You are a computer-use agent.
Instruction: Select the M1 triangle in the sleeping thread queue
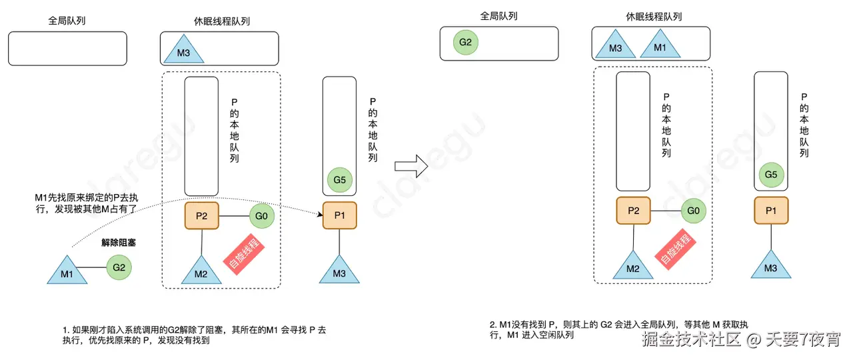(x=659, y=47)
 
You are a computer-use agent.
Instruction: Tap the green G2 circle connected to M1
(x=119, y=268)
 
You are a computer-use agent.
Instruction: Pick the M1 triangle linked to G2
(x=66, y=271)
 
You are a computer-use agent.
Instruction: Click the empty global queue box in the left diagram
(x=67, y=49)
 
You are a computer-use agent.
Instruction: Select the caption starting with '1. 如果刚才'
(x=193, y=335)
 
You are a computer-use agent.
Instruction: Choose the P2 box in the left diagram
(x=201, y=216)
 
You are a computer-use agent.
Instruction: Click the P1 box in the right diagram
(x=771, y=211)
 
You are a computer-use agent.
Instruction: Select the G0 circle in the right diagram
(x=693, y=211)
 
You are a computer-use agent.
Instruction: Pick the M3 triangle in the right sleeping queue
(x=615, y=47)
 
